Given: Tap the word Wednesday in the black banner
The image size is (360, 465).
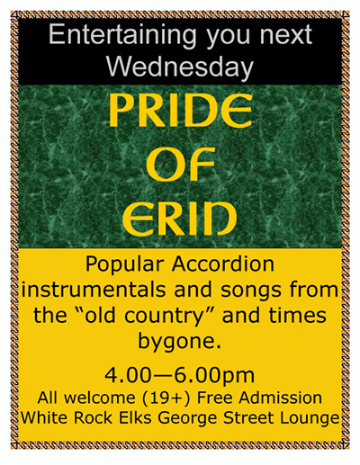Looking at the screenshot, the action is point(180,67).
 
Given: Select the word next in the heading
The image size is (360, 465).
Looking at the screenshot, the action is point(286,35).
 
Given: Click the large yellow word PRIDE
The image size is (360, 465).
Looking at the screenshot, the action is point(181,111).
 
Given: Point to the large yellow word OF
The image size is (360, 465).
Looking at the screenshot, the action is point(180,164).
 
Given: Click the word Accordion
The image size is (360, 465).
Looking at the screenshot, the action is point(223,264).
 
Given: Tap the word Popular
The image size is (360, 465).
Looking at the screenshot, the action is point(125,265).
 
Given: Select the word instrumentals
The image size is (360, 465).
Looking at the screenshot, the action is point(96,290).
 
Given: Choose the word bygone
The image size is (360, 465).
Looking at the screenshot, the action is point(179,342).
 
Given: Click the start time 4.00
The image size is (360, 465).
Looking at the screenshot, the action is point(128,375).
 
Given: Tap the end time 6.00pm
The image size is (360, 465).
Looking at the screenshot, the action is point(214,376).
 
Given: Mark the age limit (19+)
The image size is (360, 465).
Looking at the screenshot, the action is point(167,398).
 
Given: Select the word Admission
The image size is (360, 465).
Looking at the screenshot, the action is point(280,398).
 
